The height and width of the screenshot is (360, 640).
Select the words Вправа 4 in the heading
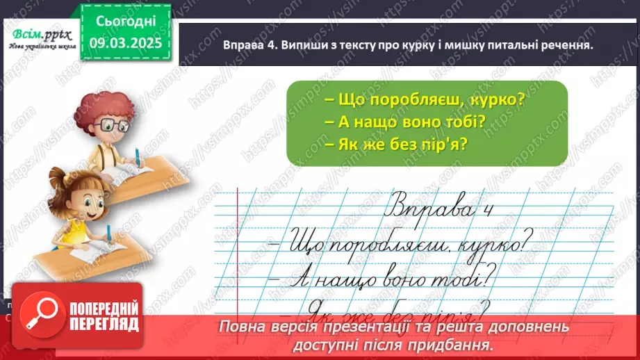(x=250, y=45)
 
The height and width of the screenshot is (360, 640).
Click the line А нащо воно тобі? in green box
(x=405, y=123)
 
